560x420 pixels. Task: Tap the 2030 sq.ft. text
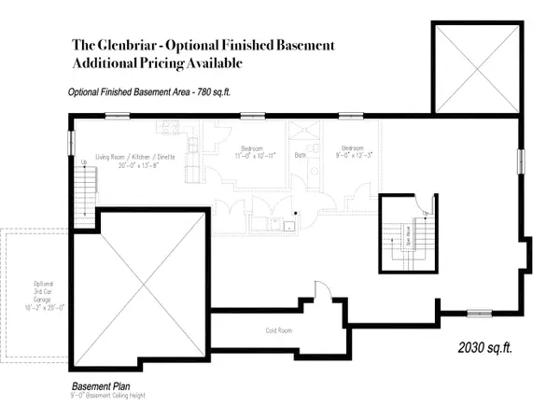[x=488, y=348]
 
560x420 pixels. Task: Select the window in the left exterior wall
[x=71, y=143]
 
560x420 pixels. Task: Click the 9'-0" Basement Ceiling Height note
[x=119, y=397]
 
